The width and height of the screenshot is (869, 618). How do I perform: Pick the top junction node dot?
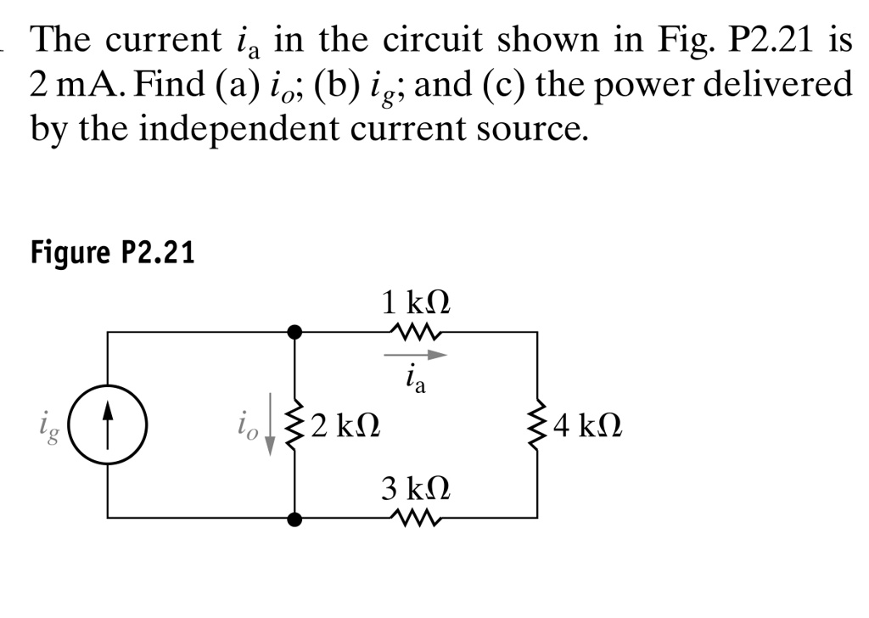pyautogui.click(x=294, y=332)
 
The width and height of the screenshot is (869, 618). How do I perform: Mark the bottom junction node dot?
pyautogui.click(x=294, y=517)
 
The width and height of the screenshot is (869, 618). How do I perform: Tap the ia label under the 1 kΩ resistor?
pyautogui.click(x=416, y=379)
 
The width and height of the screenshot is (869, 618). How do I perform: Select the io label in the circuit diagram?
pyautogui.click(x=246, y=422)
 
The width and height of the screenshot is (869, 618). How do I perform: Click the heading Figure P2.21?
pyautogui.click(x=112, y=252)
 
